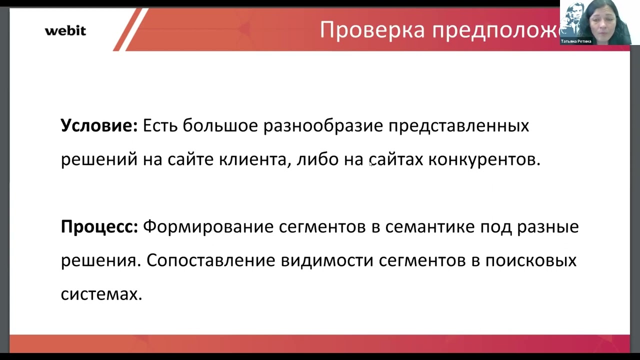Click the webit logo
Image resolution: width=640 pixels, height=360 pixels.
pos(65,30)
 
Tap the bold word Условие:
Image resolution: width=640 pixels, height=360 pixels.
pos(99,125)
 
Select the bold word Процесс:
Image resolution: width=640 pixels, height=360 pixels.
pos(99,227)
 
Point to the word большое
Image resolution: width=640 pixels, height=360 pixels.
pos(220,125)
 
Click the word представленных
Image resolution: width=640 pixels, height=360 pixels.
pos(458,125)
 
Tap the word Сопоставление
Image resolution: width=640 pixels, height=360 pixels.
pos(210,260)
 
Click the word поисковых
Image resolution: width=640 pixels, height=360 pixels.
pos(531,260)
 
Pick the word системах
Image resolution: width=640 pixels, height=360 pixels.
pos(101,294)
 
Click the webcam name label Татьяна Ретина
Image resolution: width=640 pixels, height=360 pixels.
pos(576,41)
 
